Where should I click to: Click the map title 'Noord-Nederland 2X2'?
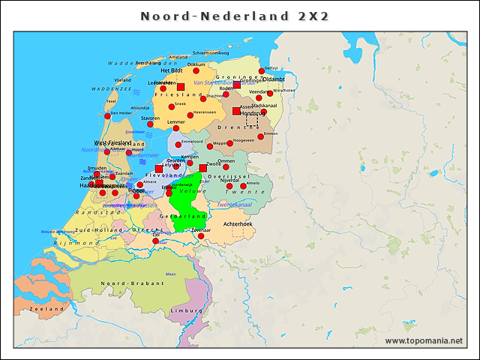(x=235, y=16)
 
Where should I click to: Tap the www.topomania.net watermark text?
(x=424, y=340)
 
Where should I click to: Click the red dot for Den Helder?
(x=107, y=116)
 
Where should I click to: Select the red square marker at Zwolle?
(x=202, y=168)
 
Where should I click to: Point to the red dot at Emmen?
(x=260, y=136)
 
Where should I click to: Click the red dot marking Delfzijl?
(x=261, y=71)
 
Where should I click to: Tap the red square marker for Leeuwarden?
(x=181, y=86)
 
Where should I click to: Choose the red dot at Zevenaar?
(x=200, y=236)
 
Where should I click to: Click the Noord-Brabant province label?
(x=132, y=283)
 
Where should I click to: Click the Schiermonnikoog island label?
(x=211, y=53)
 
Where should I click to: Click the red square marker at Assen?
(x=236, y=111)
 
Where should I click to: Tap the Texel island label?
(x=111, y=100)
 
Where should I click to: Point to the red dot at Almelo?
(x=243, y=186)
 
